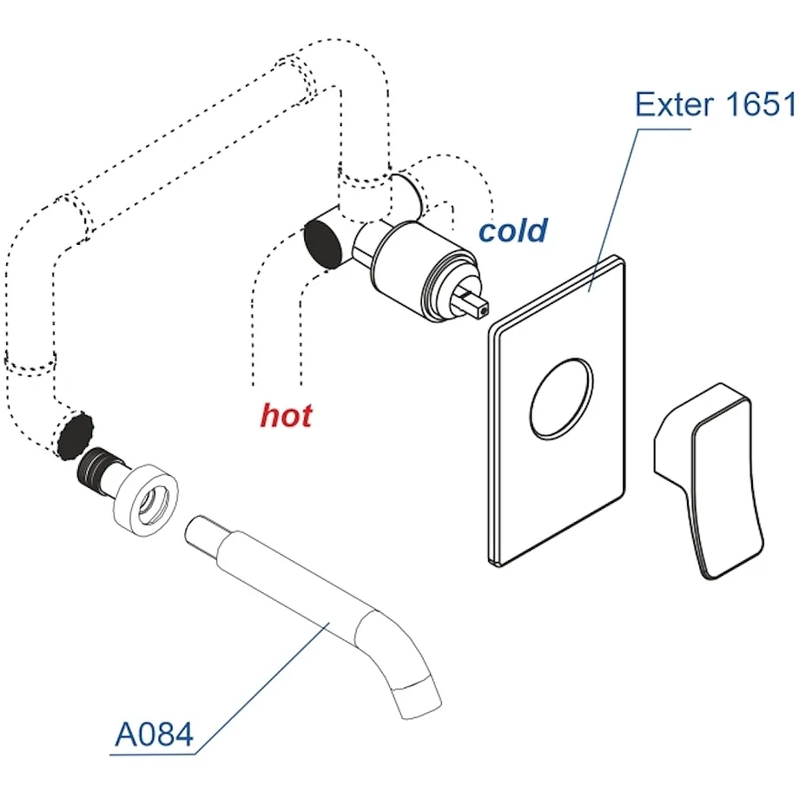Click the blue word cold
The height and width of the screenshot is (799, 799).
click(513, 230)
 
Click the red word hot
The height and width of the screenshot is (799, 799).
click(286, 415)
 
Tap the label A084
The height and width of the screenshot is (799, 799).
click(155, 734)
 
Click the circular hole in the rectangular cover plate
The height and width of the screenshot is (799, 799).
click(562, 399)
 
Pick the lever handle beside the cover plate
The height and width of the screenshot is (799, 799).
click(710, 481)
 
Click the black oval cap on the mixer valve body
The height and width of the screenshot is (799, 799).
click(322, 244)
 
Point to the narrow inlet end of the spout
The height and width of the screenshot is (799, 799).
click(202, 534)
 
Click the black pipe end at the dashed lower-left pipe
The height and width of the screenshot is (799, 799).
click(76, 436)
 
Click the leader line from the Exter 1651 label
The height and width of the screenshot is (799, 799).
click(613, 210)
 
